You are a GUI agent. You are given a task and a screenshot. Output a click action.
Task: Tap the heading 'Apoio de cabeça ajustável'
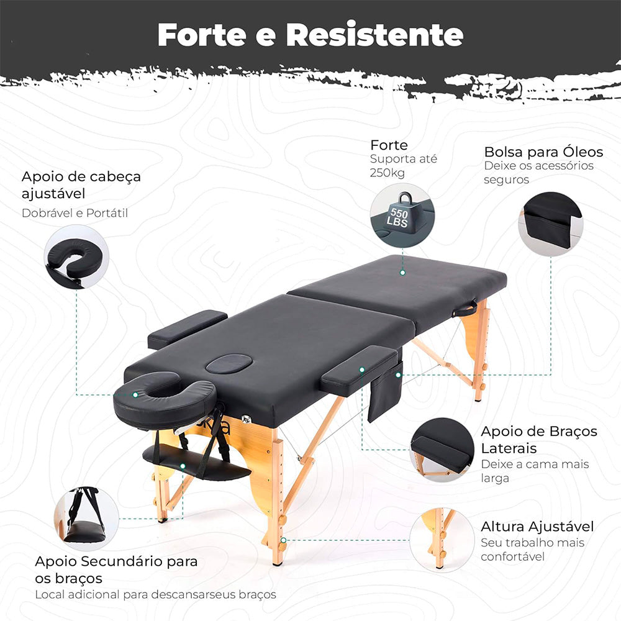[81, 184]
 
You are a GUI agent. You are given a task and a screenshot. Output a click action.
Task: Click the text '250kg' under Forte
[388, 173]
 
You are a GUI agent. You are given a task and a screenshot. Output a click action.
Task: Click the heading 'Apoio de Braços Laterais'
[539, 439]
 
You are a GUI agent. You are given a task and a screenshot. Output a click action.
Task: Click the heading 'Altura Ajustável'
[537, 527]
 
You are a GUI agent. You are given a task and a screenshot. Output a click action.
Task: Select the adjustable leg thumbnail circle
[442, 538]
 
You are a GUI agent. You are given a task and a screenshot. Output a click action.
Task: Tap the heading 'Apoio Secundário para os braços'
[116, 569]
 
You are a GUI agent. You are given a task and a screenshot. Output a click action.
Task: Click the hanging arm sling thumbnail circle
[86, 519]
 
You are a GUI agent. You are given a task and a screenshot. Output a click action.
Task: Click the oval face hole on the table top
[229, 363]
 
